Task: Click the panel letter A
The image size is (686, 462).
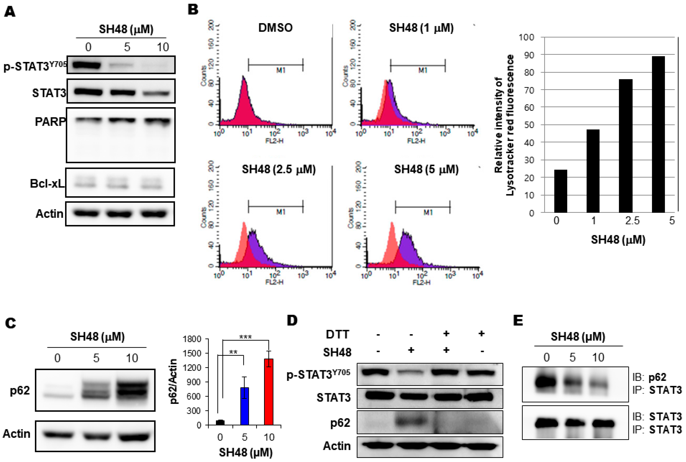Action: (10, 12)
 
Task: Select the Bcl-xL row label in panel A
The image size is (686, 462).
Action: (47, 183)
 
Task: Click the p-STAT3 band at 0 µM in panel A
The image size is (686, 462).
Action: (86, 65)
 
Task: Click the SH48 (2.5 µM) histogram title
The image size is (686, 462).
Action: (279, 169)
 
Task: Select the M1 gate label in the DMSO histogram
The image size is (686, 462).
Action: (281, 70)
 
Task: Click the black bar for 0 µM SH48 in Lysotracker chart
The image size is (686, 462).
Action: (560, 191)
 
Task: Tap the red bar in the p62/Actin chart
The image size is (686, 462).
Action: (269, 392)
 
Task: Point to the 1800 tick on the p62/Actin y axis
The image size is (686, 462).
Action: (192, 339)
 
